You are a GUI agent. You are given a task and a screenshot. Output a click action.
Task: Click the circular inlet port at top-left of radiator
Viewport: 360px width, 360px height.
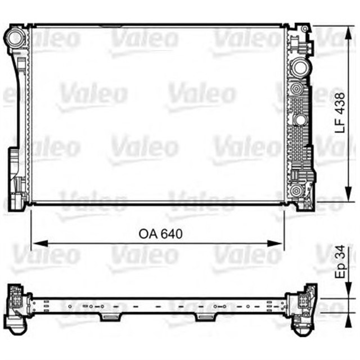click(15, 39)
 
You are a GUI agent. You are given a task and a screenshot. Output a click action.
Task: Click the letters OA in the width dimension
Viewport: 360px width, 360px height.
click(148, 233)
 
